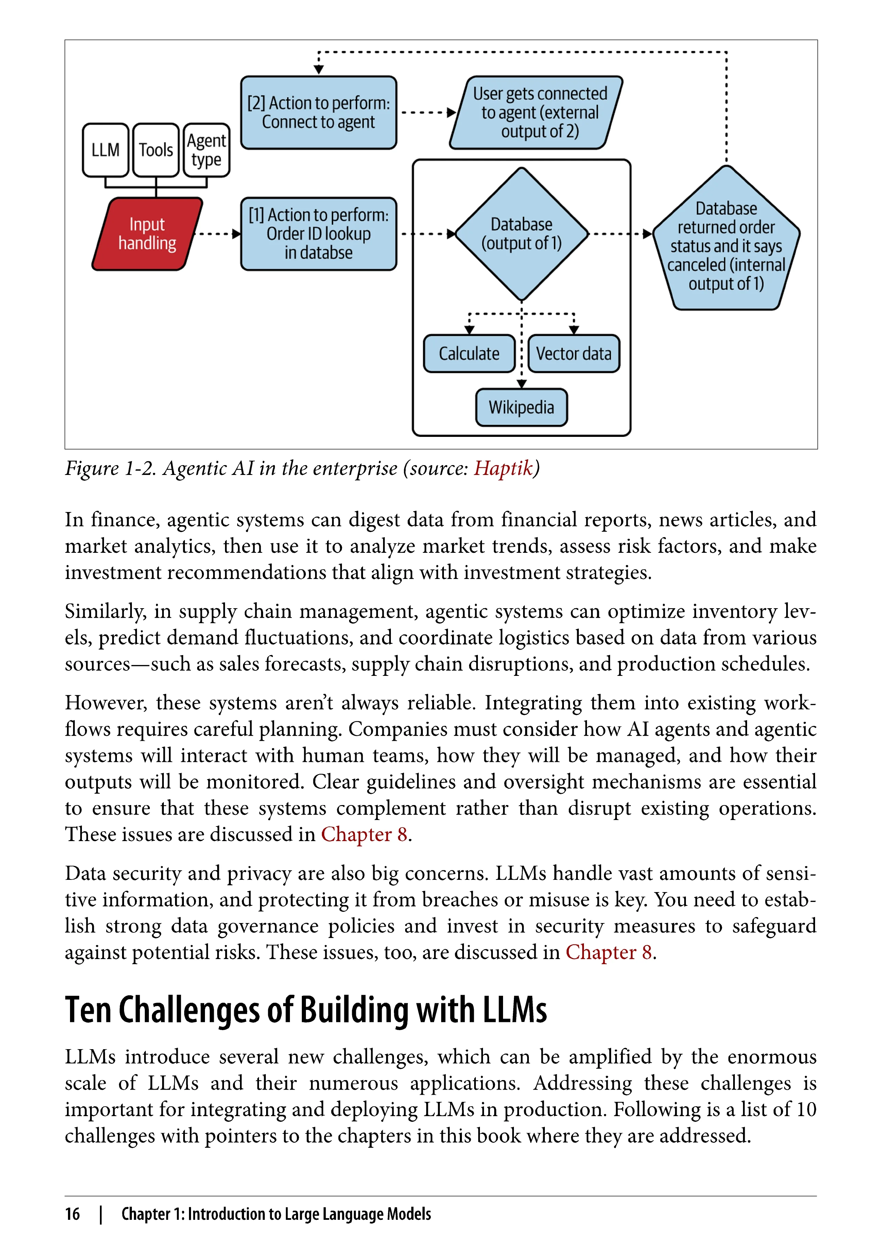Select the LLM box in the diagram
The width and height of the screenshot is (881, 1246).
click(x=105, y=150)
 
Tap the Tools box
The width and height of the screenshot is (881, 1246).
click(x=156, y=150)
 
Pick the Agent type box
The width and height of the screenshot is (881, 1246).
click(x=206, y=150)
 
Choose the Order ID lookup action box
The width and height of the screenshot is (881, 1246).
click(x=318, y=234)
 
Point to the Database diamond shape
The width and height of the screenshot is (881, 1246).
click(x=521, y=234)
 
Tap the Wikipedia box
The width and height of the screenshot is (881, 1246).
click(x=521, y=408)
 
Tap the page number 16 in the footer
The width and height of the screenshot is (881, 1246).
click(x=72, y=1214)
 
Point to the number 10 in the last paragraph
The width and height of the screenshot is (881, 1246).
click(x=806, y=1109)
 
